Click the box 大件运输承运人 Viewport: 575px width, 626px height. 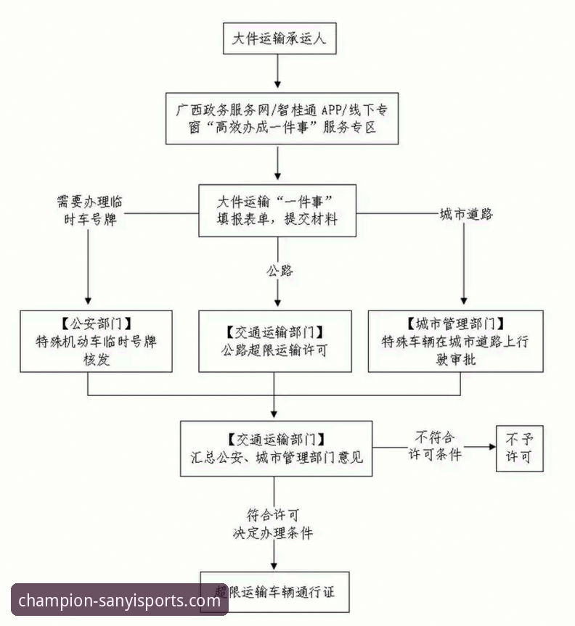[279, 38]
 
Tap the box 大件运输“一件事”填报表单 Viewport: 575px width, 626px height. [277, 210]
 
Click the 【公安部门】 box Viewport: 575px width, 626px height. [97, 341]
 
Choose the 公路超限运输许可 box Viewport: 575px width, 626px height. [275, 341]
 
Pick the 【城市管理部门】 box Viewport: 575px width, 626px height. [456, 341]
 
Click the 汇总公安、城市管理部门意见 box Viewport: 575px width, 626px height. [276, 448]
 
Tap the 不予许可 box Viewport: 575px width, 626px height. [519, 448]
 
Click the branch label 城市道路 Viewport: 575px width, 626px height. [466, 214]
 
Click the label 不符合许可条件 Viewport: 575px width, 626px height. [434, 446]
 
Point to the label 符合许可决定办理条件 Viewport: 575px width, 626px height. [272, 524]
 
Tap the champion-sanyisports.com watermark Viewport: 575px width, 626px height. [120, 601]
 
